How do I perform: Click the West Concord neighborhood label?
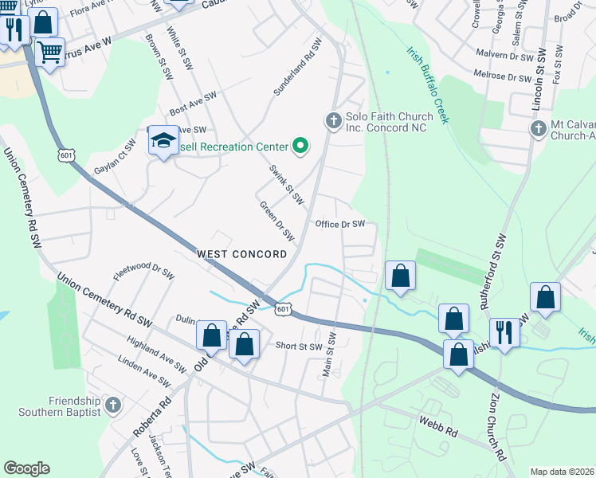(241, 254)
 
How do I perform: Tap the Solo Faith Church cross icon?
(333, 121)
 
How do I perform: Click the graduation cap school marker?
(163, 141)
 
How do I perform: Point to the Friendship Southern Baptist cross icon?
(112, 406)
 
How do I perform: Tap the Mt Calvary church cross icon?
(539, 128)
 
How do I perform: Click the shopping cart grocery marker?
(50, 53)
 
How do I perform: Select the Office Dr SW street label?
(339, 225)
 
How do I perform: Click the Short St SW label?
(299, 347)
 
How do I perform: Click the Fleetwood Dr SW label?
(143, 273)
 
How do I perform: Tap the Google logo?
(26, 468)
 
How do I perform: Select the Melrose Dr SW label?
(502, 77)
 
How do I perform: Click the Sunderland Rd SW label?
(296, 68)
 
